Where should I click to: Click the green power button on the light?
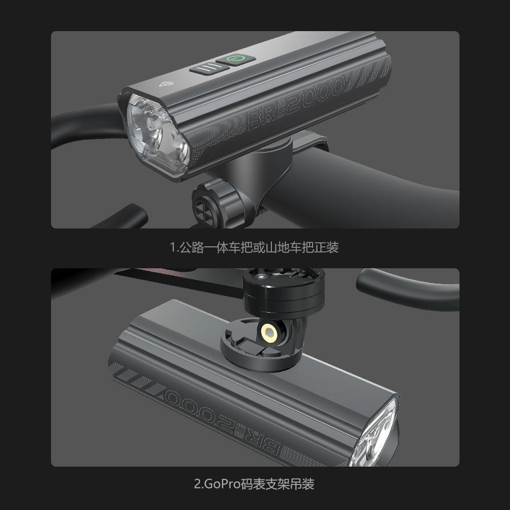point(235,60)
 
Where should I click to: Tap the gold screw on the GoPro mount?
point(268,333)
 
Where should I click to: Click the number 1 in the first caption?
point(172,248)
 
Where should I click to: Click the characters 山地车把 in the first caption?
point(278,248)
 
